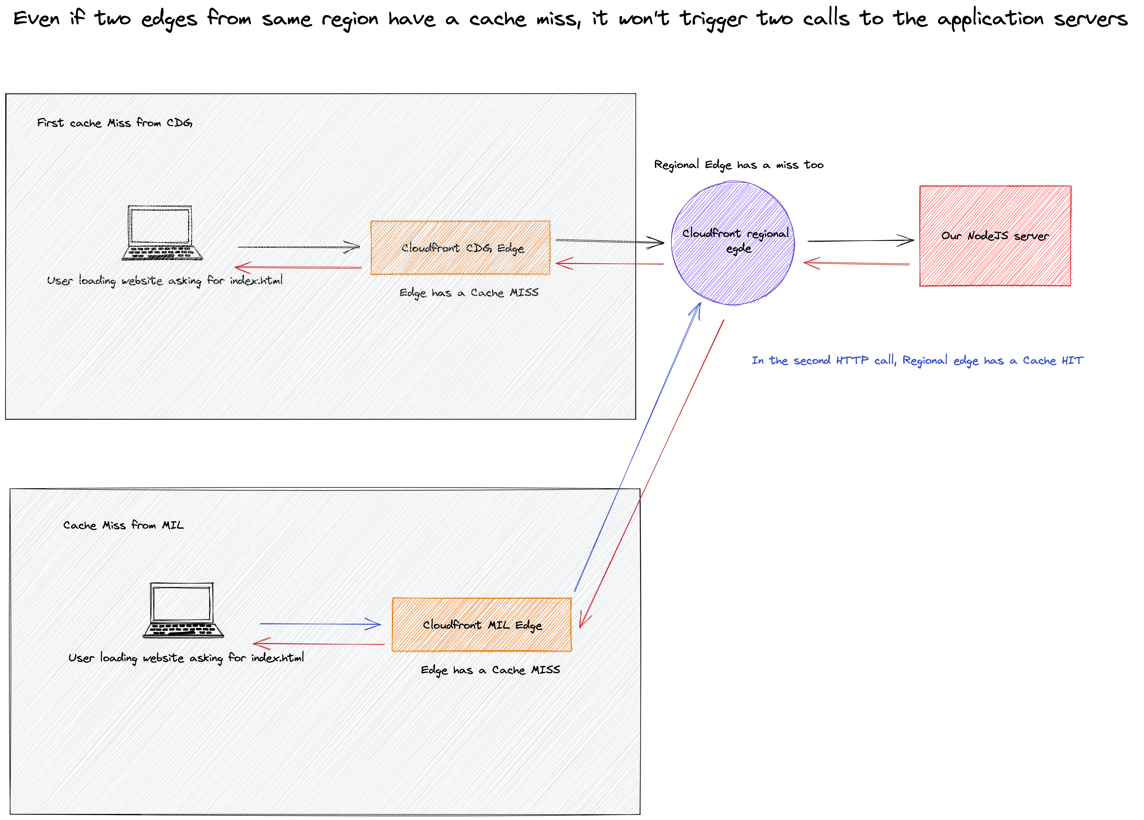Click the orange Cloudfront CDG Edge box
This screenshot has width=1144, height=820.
(460, 248)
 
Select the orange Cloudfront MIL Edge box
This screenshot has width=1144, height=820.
(482, 625)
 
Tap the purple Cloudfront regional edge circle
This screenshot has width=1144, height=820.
(732, 244)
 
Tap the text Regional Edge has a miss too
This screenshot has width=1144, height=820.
(739, 165)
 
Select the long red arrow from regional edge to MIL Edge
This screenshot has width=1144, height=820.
(652, 474)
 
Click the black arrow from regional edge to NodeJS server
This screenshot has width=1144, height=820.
(860, 241)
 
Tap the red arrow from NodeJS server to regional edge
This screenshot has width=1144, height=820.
(856, 263)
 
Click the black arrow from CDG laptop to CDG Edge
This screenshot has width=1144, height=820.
(298, 247)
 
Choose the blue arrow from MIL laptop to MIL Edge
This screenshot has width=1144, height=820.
(320, 624)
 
